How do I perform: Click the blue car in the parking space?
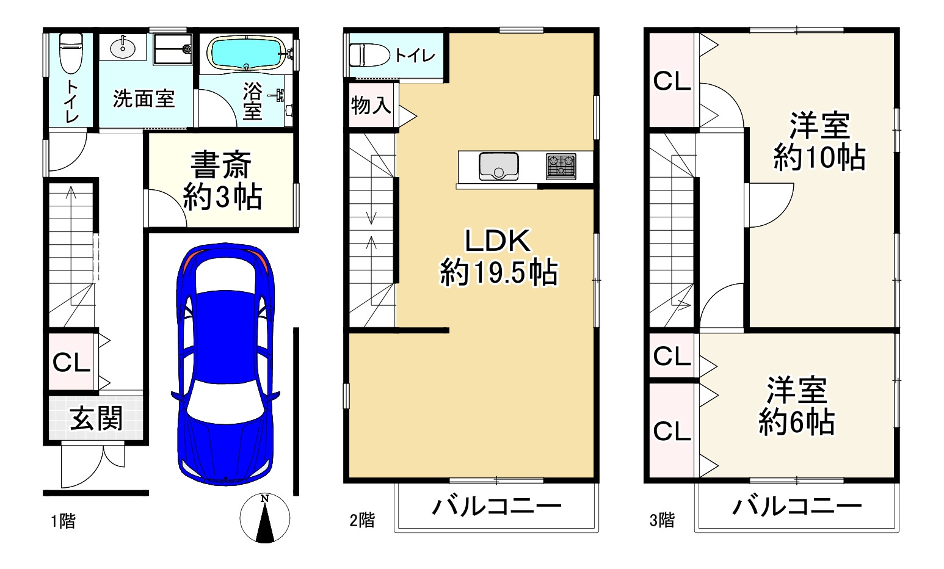pos(225,364)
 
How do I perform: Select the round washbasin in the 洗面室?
pos(123,48)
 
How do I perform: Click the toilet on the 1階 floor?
pos(71,53)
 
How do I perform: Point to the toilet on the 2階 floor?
pos(369,55)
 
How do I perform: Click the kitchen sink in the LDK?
pos(498,166)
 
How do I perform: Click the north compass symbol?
pos(264,518)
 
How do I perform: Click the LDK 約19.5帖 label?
pos(499,257)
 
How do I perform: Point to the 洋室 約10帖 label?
pos(819,141)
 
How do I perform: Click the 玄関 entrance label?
pos(96,418)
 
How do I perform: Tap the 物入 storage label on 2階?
pos(371,105)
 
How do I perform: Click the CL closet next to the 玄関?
pos(71,362)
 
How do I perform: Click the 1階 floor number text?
pos(64,521)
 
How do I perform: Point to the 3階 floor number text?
pos(662,520)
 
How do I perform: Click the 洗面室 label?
pos(143,99)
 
